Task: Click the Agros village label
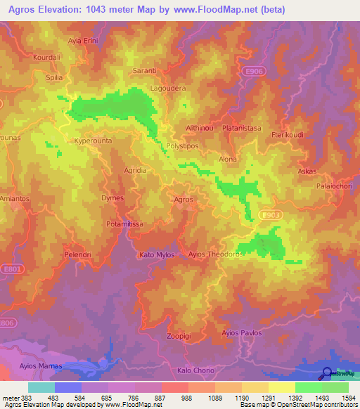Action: (183, 200)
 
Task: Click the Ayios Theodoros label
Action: (216, 254)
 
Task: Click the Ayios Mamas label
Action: (41, 366)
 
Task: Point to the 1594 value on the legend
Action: (347, 398)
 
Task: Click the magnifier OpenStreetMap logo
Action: (328, 375)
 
